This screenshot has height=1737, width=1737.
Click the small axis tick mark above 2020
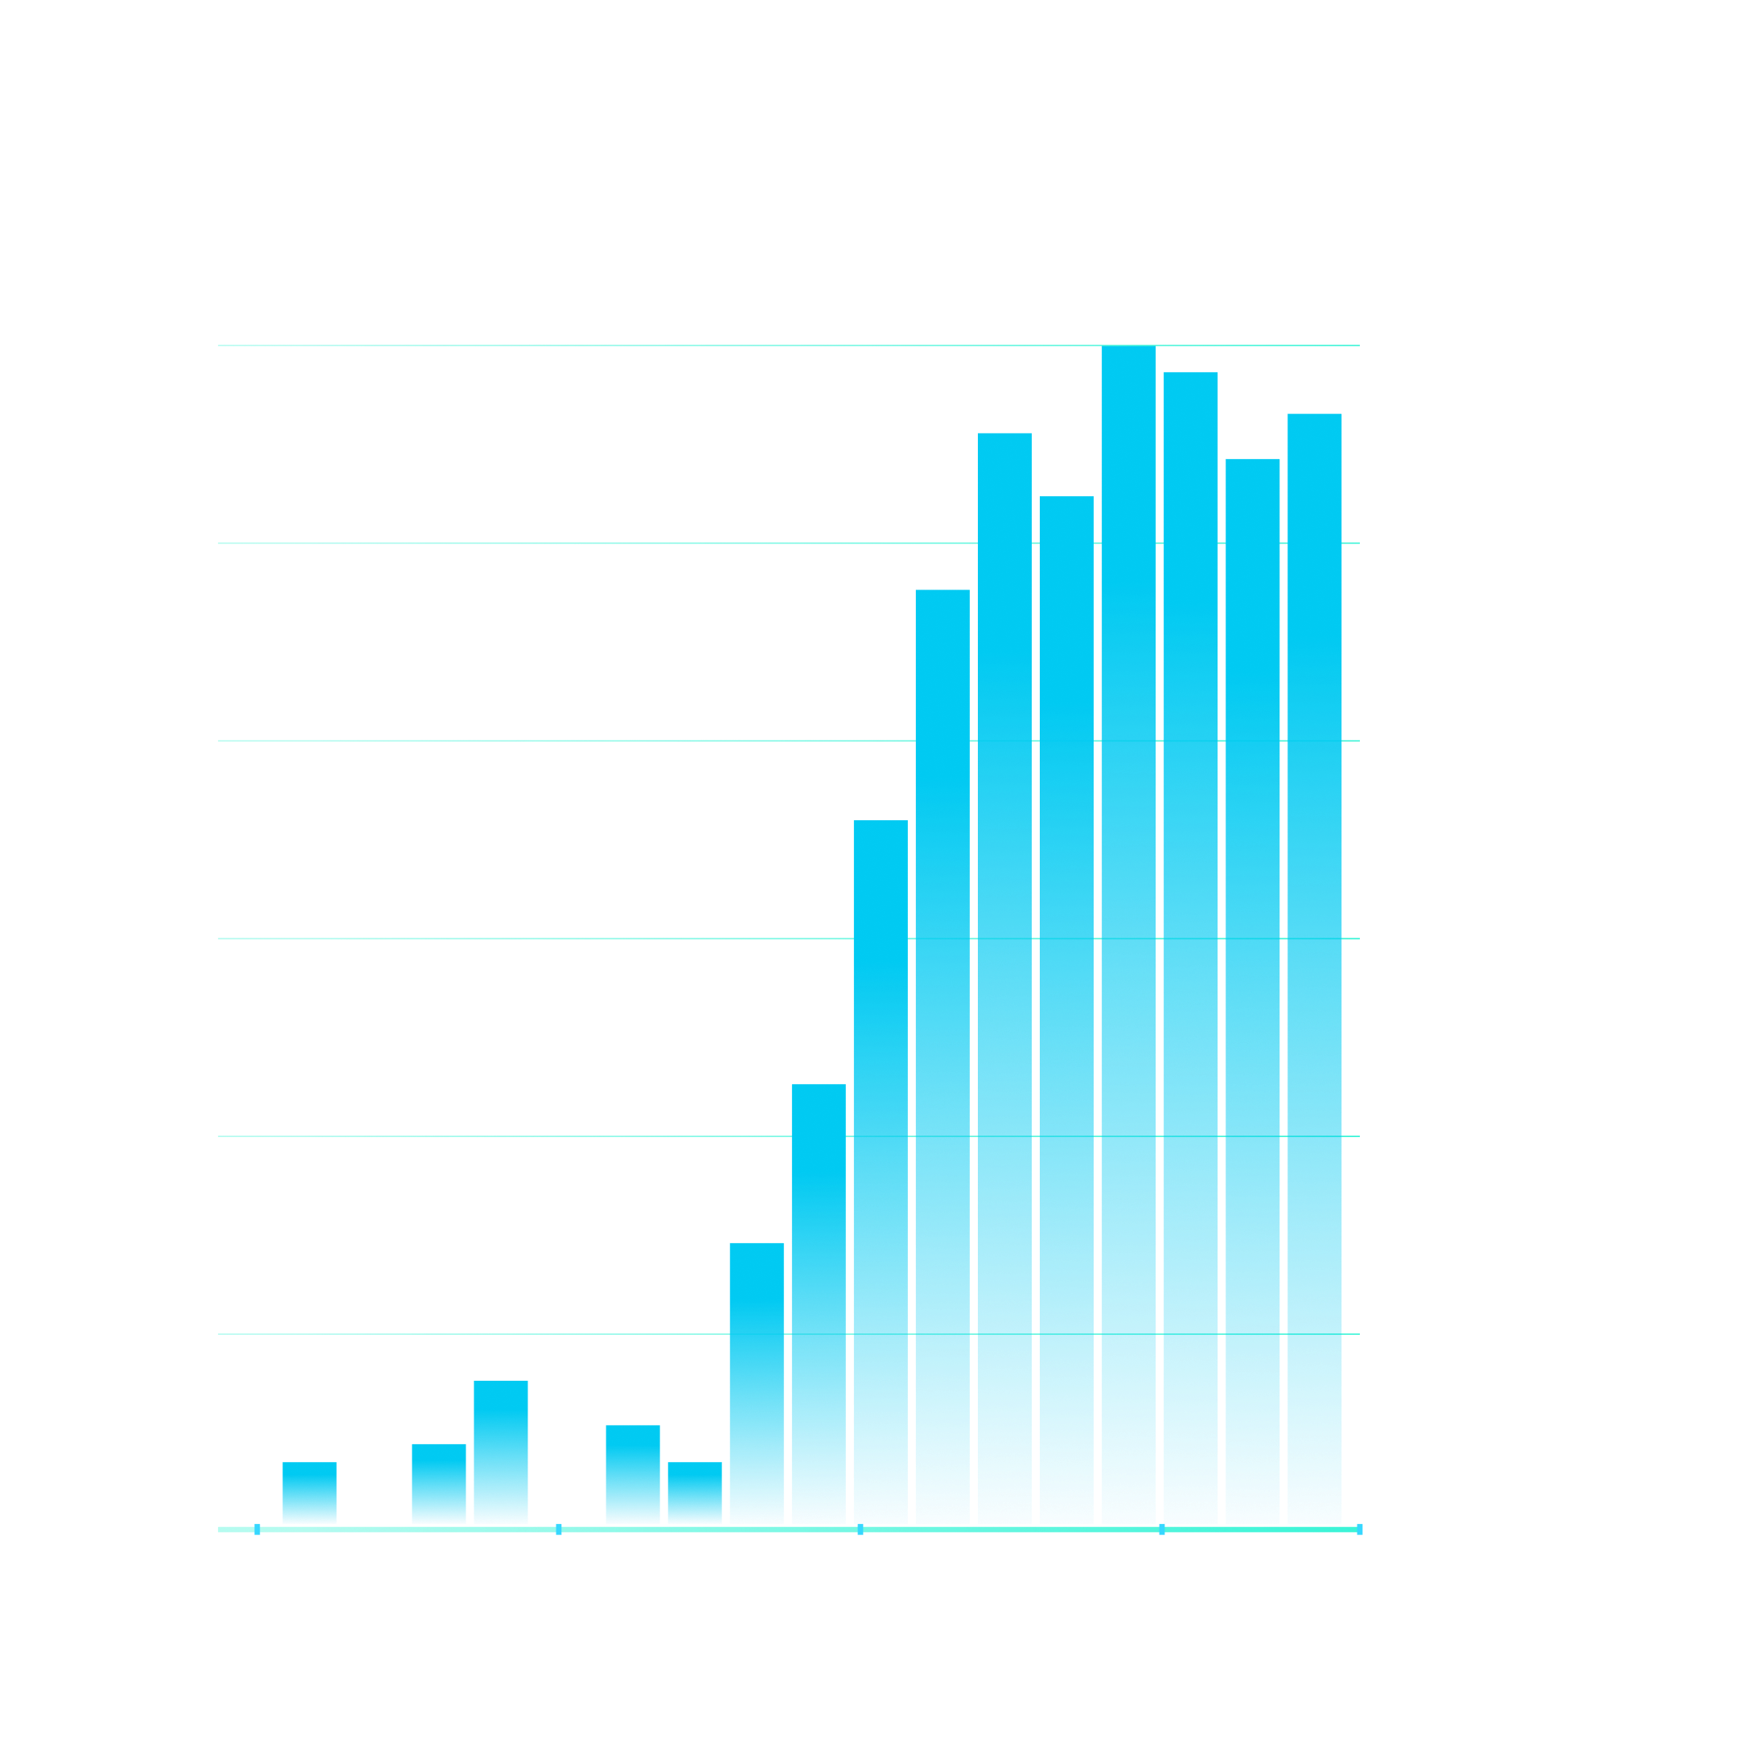tap(1161, 1530)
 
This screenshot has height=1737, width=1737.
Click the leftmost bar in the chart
tap(310, 1493)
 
